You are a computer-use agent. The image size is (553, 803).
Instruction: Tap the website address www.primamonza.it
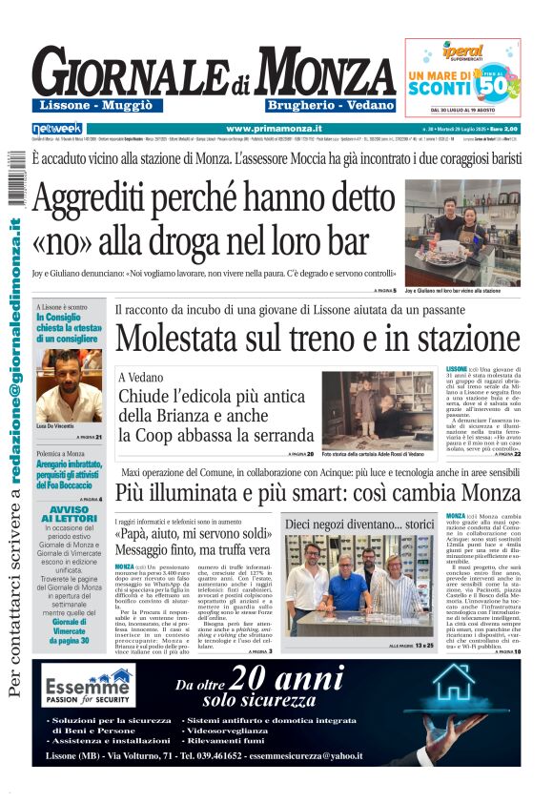274,128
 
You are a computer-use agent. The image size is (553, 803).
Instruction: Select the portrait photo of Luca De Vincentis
70,385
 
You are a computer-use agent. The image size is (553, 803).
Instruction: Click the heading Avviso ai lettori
70,512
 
